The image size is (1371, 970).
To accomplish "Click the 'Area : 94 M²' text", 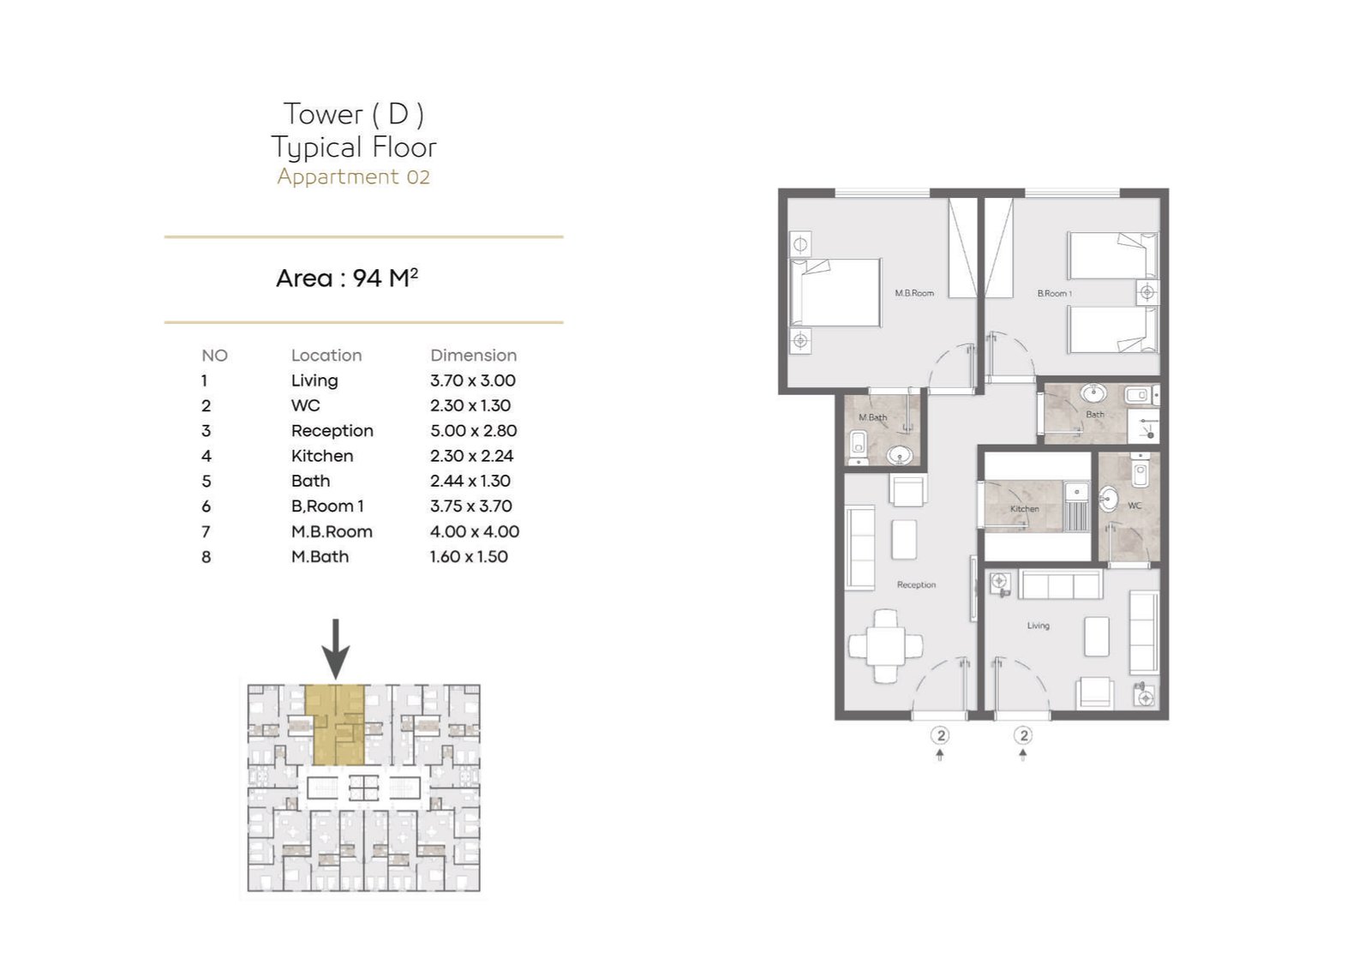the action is (347, 278).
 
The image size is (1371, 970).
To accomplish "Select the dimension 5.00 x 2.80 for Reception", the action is (473, 431).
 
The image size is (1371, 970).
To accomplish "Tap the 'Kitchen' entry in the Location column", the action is (322, 456).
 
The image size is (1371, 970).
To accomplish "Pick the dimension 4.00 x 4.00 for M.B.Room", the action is (475, 531).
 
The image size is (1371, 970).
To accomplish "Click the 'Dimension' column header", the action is (473, 356).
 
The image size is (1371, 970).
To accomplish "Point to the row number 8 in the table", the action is (207, 557).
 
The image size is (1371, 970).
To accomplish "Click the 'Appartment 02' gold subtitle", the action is (353, 177).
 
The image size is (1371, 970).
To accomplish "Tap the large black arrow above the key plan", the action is (335, 649).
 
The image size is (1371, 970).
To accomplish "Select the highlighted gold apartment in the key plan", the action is (335, 725).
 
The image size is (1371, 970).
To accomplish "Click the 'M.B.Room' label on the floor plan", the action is (914, 293).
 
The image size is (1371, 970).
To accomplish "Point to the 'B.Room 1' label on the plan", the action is (1054, 294).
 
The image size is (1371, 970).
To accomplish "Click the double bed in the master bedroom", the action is (835, 292).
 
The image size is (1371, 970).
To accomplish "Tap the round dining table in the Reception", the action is (885, 646).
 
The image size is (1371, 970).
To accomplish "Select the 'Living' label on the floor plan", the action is (1038, 626).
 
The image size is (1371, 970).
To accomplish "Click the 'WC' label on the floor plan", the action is (1135, 506).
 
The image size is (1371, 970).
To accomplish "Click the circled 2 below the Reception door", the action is (940, 735).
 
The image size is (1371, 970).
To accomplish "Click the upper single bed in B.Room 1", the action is (1113, 255).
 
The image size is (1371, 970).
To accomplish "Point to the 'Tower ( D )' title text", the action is (354, 115).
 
